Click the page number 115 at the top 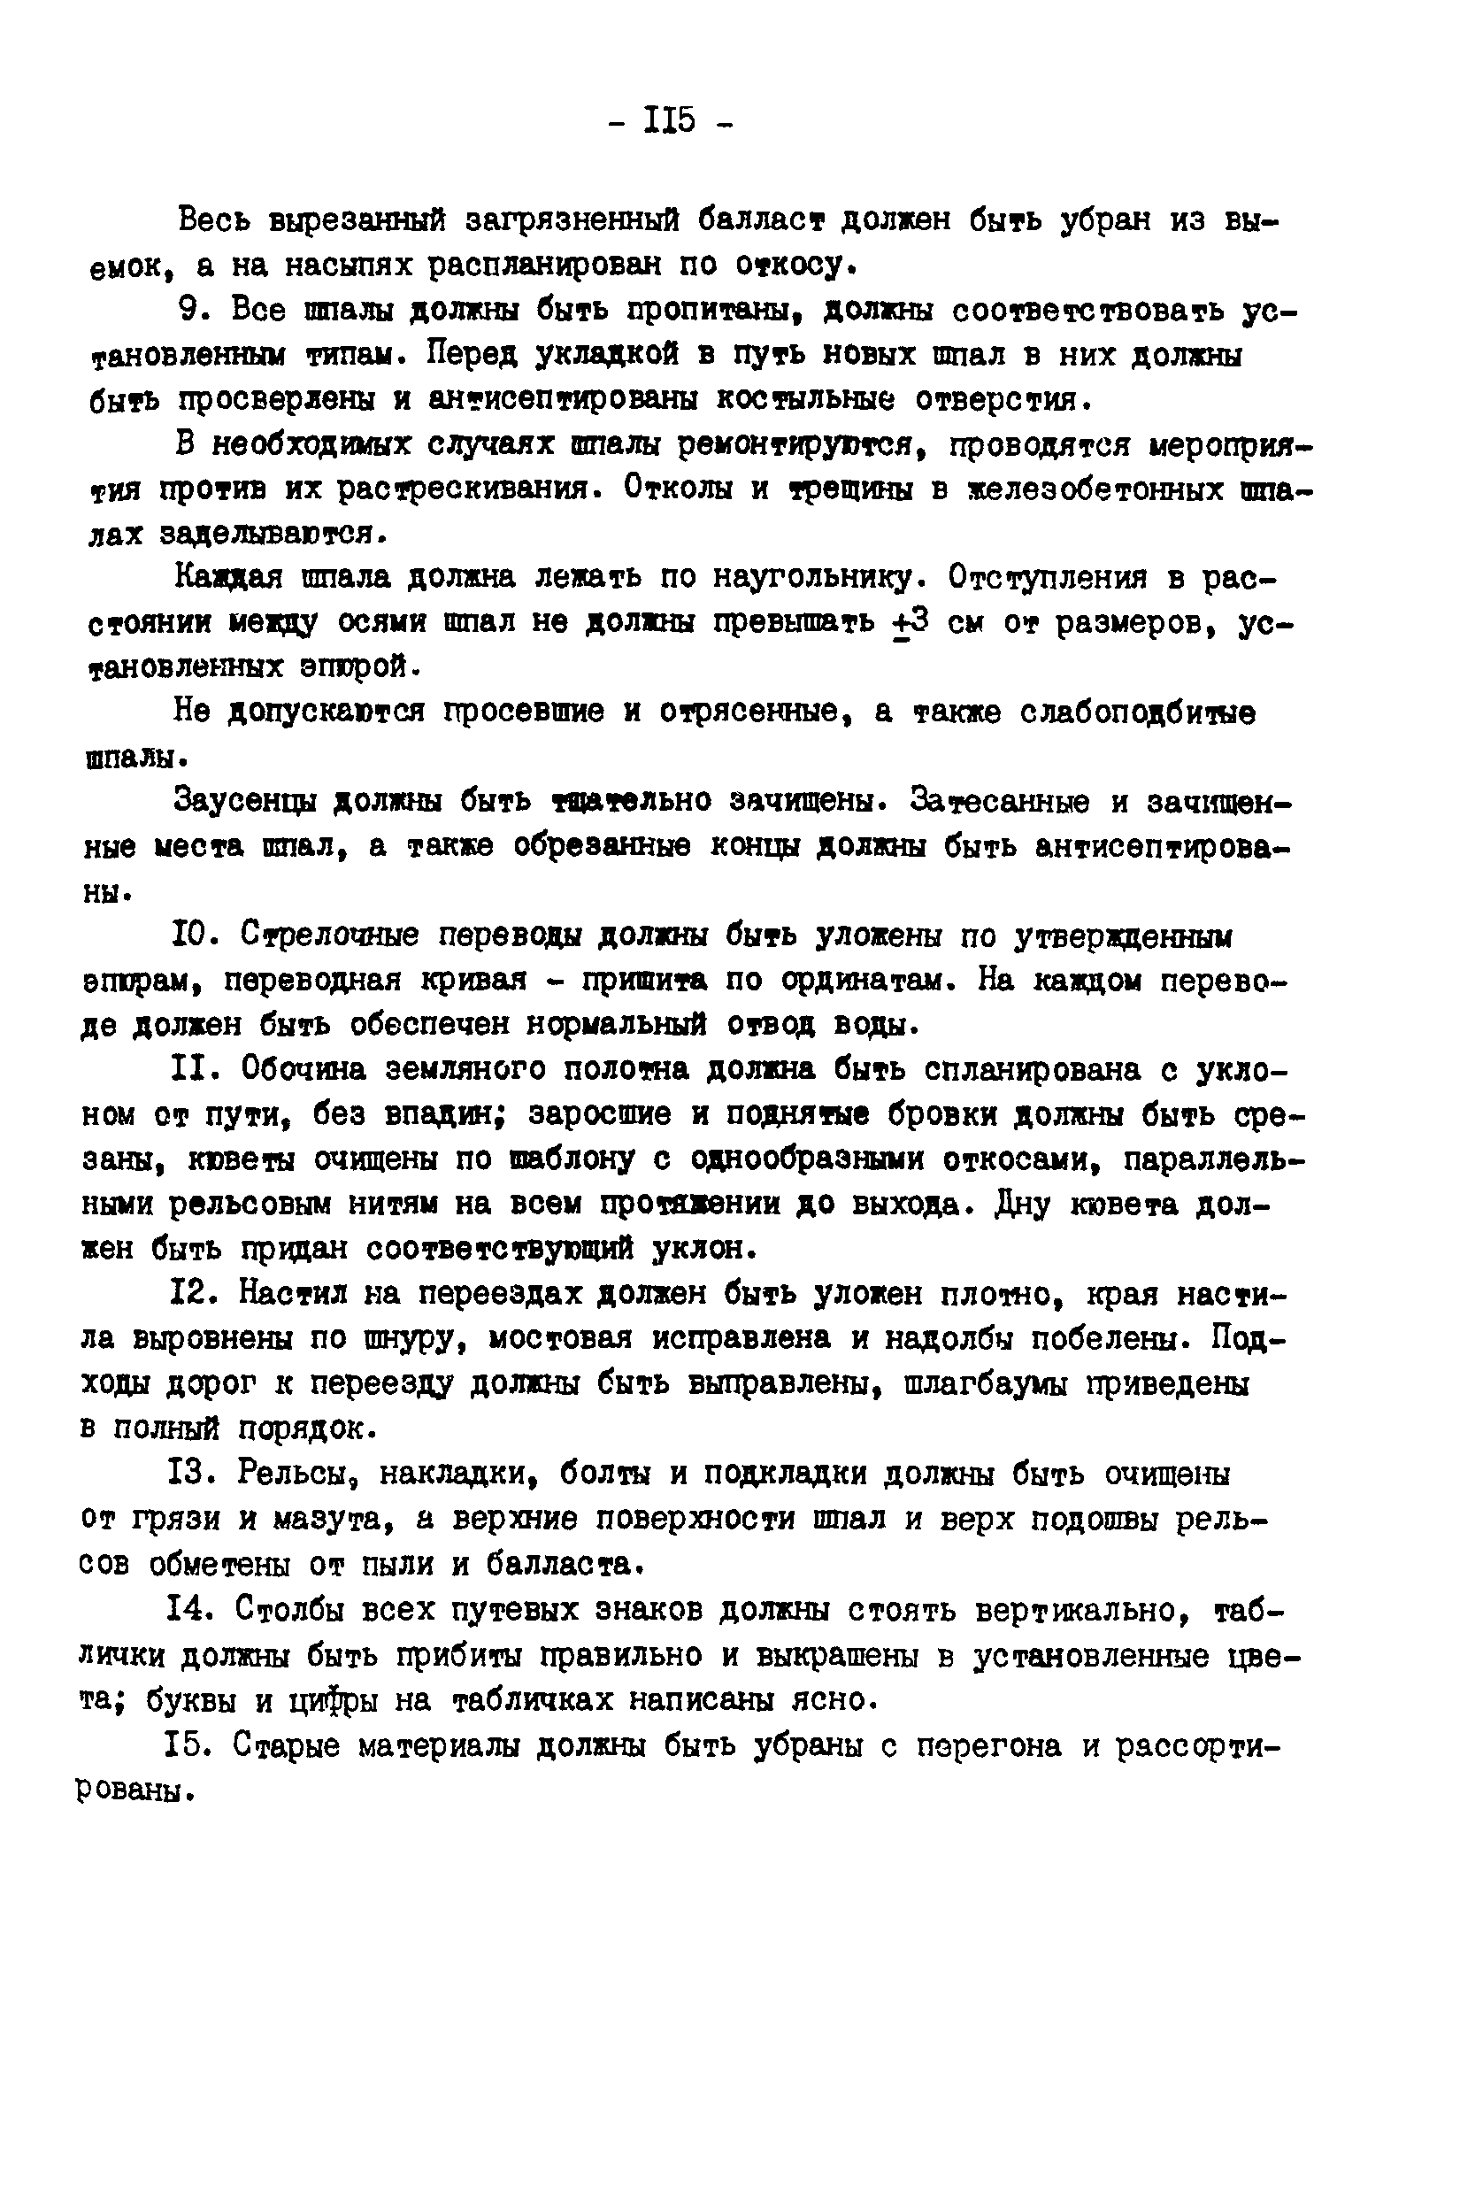[670, 121]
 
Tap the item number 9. [193, 311]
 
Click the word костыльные [804, 400]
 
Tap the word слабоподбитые [1137, 713]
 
